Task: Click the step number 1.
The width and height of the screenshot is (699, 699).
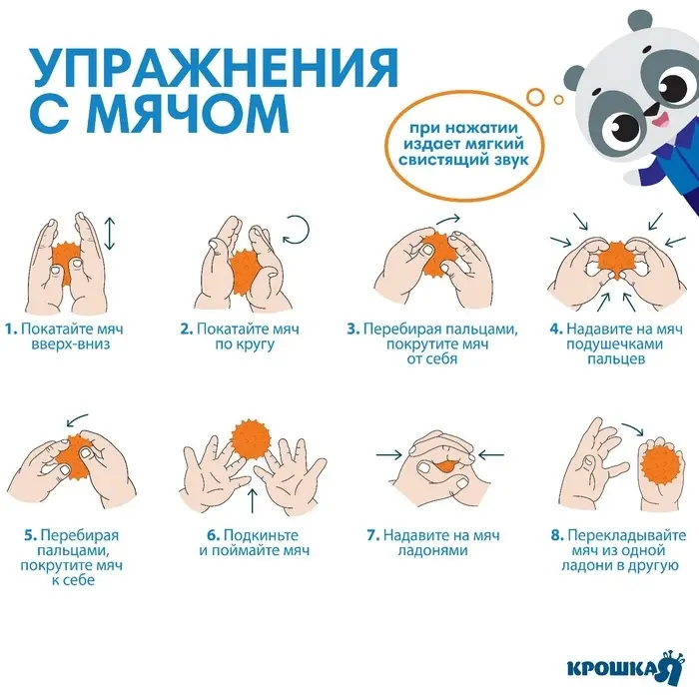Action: pos(8,329)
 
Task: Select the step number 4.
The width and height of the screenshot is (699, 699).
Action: pos(556,329)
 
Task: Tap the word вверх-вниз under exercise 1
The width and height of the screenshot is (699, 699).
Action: pos(61,345)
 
